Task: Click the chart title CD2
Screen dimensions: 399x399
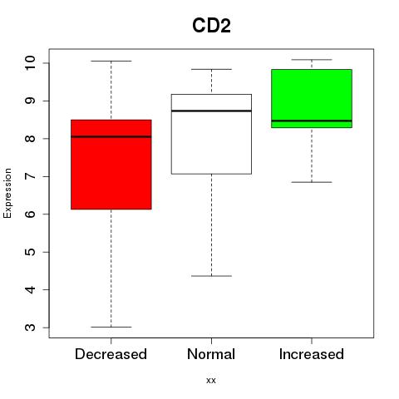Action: (x=211, y=26)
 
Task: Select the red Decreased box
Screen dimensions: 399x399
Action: (x=111, y=165)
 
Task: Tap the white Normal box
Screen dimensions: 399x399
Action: (x=211, y=134)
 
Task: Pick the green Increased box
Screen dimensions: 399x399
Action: (x=312, y=98)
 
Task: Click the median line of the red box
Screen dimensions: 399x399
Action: (x=111, y=136)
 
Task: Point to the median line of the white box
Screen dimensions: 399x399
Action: (x=211, y=111)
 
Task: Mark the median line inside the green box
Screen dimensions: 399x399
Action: (x=312, y=121)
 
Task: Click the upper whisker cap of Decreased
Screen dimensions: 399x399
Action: (x=111, y=61)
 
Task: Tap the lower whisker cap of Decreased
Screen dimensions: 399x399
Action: (x=111, y=327)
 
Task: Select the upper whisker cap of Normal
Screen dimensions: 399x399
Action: (x=211, y=69)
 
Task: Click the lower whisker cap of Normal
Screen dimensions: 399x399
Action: (x=211, y=276)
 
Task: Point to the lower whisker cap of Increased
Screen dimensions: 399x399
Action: (x=312, y=182)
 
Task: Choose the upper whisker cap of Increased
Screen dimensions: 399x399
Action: (x=312, y=60)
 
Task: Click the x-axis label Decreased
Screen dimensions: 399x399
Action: (x=111, y=354)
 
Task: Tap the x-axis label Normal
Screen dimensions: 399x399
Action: (x=211, y=354)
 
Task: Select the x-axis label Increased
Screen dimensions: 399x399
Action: (x=312, y=354)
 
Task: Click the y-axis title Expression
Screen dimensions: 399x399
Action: (x=7, y=193)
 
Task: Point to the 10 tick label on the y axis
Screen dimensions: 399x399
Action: (x=30, y=63)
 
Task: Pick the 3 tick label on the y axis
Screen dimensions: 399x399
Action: (x=30, y=328)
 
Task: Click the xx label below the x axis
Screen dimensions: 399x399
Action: (x=211, y=381)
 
